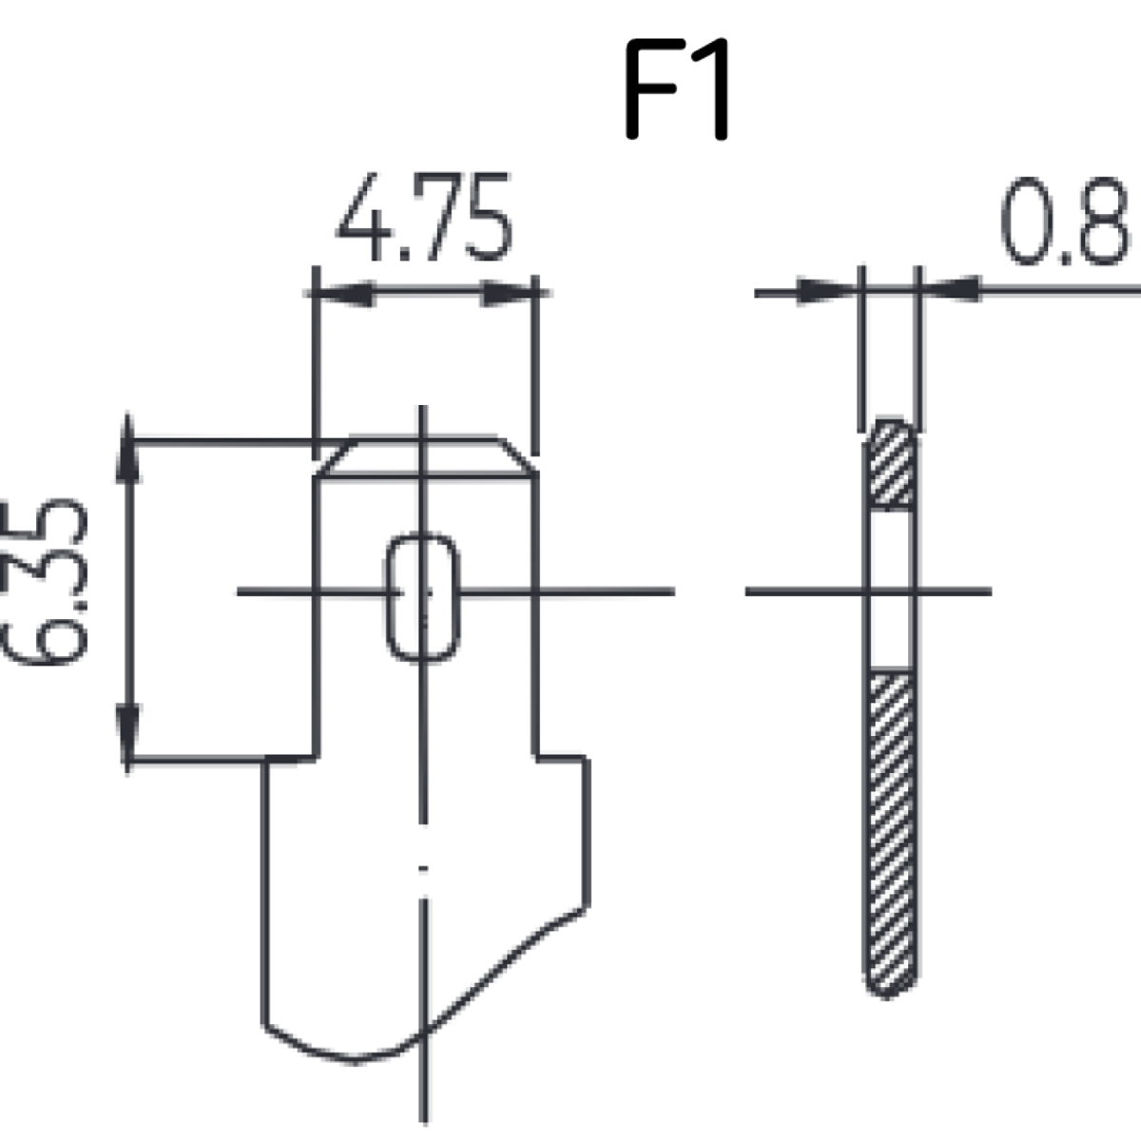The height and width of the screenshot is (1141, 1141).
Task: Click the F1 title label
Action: pos(677,89)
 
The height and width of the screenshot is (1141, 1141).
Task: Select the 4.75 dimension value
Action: pos(424,217)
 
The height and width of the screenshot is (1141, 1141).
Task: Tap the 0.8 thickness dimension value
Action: pos(1064,221)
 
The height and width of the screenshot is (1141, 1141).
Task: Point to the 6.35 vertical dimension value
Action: pos(45,582)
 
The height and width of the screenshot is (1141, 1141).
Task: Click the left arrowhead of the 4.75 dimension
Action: pos(344,293)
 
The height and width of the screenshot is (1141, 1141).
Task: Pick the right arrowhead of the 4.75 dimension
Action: pos(509,293)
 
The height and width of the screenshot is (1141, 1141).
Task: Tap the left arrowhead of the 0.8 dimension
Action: pos(828,291)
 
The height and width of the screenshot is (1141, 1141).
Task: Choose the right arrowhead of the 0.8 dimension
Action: pos(951,290)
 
